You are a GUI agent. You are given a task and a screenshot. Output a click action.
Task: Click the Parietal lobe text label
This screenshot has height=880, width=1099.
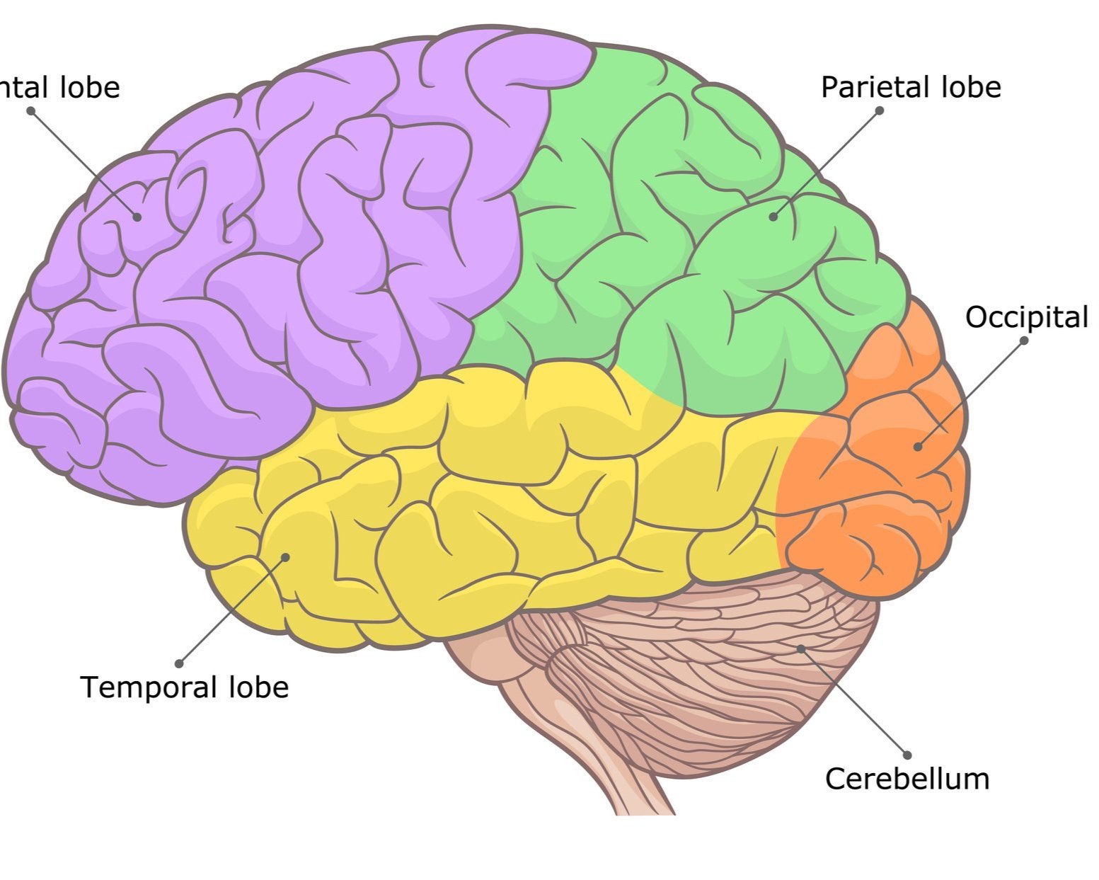click(x=911, y=87)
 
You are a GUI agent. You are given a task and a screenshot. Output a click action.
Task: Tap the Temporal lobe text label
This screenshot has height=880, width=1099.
click(x=185, y=687)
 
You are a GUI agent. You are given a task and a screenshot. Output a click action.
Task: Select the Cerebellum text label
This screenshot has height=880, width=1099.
click(x=907, y=779)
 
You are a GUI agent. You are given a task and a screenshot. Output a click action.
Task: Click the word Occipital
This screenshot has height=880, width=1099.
click(x=1026, y=318)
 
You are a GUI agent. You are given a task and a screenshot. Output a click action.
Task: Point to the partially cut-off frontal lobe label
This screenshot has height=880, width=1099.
click(x=60, y=87)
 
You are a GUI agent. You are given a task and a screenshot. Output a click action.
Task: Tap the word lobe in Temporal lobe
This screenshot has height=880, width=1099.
click(x=258, y=687)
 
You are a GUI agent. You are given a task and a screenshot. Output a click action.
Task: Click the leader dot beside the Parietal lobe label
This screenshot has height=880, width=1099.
click(x=880, y=110)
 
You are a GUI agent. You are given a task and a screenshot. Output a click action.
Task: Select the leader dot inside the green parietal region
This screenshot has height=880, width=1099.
click(x=773, y=217)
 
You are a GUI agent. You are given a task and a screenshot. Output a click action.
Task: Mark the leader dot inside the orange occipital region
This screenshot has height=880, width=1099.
click(x=918, y=447)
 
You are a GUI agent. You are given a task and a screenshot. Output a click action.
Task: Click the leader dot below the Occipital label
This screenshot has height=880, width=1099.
click(x=1023, y=341)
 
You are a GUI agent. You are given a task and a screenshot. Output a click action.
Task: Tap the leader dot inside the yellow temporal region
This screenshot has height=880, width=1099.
click(x=286, y=556)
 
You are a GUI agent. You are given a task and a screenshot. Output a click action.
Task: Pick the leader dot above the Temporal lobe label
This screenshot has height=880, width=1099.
click(x=179, y=663)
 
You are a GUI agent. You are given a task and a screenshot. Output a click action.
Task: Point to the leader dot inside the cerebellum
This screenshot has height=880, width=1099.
click(x=800, y=648)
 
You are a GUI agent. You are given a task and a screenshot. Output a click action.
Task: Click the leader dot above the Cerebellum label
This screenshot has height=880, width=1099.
click(x=907, y=755)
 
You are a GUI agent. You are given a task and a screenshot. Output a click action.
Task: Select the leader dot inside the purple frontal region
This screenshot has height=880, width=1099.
click(x=137, y=217)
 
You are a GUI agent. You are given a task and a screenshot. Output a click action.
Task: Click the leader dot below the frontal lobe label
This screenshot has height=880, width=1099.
click(x=30, y=110)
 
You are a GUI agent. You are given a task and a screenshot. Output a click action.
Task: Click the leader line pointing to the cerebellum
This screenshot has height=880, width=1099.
click(x=854, y=702)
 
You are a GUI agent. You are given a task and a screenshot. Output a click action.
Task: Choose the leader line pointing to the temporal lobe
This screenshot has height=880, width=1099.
click(x=232, y=610)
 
